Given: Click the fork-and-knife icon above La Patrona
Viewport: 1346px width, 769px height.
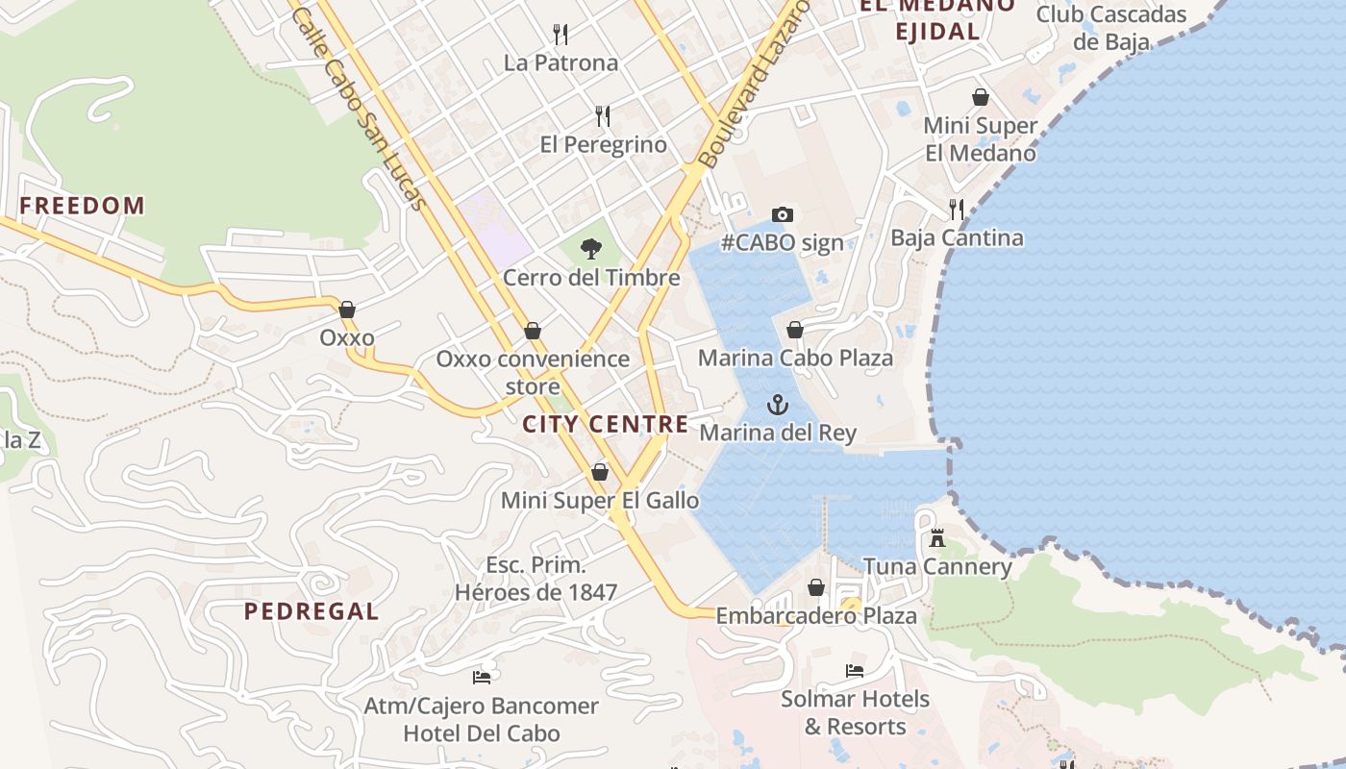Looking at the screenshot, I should point(561,35).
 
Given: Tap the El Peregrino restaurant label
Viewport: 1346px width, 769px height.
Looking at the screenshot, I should point(603,144).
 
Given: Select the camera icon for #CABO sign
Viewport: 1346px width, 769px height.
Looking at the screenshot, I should point(783,214).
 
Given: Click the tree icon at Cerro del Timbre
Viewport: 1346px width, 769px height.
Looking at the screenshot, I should point(590,249).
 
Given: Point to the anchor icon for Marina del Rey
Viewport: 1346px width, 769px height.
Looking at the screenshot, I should point(778,405).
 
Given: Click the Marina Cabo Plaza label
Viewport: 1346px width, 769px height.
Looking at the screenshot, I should point(795,358).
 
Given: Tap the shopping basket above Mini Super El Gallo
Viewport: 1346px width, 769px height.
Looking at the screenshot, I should point(600,472).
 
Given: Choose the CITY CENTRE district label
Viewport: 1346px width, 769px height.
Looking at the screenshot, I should point(606,424).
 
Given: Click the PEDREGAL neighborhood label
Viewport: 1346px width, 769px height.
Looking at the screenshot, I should point(311,611).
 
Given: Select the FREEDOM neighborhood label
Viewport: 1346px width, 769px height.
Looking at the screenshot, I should point(82,206).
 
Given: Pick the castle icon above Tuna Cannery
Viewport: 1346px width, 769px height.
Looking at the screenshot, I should point(937,538).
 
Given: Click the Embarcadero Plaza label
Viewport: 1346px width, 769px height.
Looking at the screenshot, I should point(816,615).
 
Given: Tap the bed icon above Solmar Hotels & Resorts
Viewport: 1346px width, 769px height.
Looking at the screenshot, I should point(855,670).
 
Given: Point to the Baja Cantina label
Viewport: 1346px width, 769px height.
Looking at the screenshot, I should point(957,237).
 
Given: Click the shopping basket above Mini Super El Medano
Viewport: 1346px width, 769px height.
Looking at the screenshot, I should point(981,97).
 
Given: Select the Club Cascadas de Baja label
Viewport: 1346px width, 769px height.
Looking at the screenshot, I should point(1111,28).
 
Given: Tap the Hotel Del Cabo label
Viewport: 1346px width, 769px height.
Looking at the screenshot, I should point(481,733).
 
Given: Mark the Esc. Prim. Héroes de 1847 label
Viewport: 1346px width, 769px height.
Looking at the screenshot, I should point(536,579).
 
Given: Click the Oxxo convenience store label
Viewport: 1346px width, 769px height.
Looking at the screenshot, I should point(533,372).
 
